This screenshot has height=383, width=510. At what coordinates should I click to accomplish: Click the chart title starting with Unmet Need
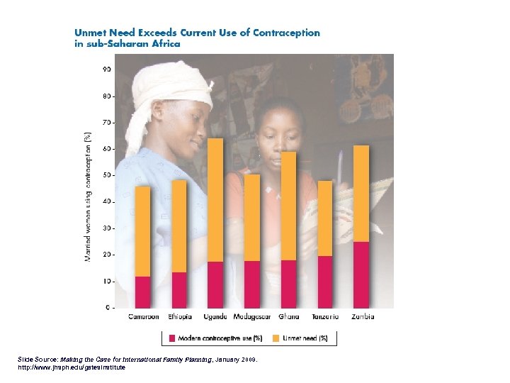click(197, 38)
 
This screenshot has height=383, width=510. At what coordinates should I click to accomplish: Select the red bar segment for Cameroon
click(142, 292)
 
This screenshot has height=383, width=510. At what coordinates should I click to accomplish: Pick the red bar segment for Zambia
click(361, 274)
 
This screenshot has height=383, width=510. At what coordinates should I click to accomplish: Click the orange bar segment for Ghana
click(288, 206)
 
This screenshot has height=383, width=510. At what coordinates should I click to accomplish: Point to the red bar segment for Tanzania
click(324, 282)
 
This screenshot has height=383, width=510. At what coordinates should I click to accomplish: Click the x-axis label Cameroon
click(143, 316)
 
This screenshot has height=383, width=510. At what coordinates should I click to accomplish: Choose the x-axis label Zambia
click(361, 316)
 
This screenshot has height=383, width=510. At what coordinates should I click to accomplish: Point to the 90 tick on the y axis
click(106, 69)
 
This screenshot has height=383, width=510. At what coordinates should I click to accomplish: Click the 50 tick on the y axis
click(106, 175)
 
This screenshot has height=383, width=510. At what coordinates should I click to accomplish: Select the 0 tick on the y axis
click(108, 308)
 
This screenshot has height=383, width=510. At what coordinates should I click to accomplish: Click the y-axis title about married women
click(88, 196)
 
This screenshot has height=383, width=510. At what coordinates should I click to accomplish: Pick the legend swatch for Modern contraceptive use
click(171, 338)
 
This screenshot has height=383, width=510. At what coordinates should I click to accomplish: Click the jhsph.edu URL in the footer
click(71, 367)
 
